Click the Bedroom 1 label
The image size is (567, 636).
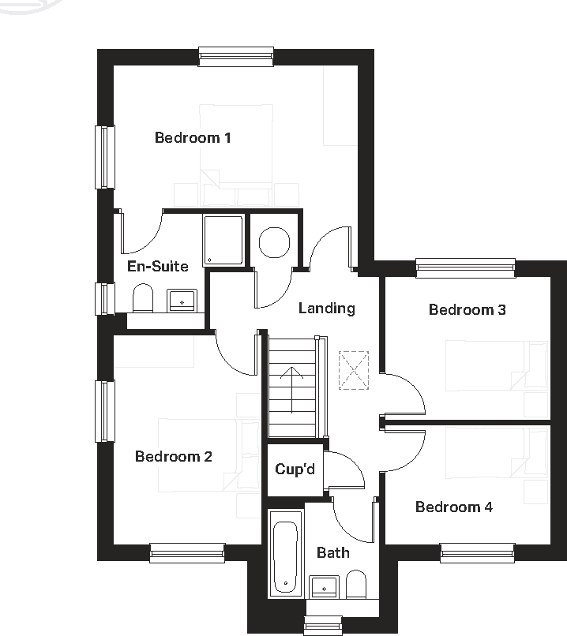click(193, 138)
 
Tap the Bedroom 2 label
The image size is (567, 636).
click(173, 457)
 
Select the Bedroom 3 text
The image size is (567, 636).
click(467, 310)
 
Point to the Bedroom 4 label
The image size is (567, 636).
click(453, 507)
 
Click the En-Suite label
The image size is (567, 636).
click(158, 267)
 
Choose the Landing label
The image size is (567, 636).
click(326, 309)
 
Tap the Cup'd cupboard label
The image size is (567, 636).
click(295, 470)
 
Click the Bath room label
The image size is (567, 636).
click(332, 553)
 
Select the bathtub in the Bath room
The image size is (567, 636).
click(285, 553)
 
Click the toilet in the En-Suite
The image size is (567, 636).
click(143, 299)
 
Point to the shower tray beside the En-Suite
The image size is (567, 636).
click(223, 240)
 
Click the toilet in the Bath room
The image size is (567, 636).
click(356, 586)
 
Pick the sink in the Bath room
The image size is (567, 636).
click(324, 587)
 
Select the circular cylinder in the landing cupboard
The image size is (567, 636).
click(274, 241)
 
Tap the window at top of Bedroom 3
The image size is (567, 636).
click(465, 267)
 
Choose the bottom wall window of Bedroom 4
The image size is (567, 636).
click(478, 553)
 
